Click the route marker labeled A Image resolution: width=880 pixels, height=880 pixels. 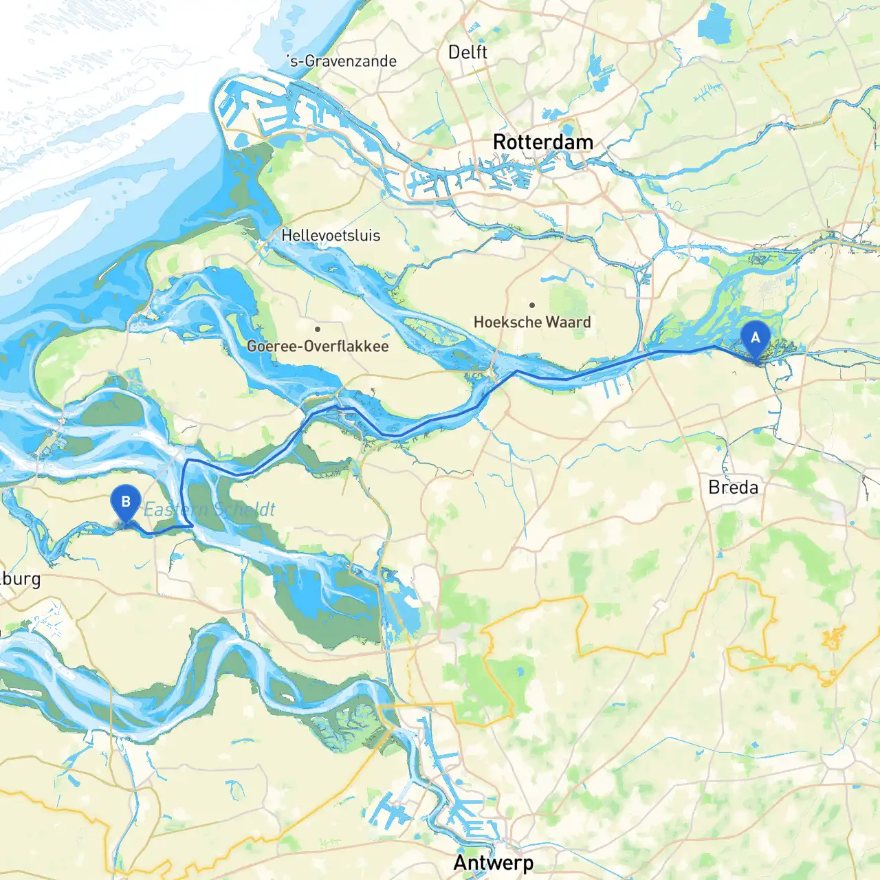point(755,338)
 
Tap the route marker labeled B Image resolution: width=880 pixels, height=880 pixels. point(125,502)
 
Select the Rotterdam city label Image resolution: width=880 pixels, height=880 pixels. point(542,142)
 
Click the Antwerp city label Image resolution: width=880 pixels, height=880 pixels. point(493,862)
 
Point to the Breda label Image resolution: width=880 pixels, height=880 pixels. point(733,487)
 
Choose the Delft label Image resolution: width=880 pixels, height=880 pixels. point(467,52)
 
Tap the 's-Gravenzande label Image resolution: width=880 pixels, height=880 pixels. point(342,61)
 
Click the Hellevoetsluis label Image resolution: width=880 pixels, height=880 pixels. point(331,235)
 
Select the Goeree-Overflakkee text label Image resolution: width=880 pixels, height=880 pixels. point(318,346)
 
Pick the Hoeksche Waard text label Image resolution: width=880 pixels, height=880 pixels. point(532,322)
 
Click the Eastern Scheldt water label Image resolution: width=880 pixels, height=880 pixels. point(209,509)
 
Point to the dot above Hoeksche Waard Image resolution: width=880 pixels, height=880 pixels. point(532,305)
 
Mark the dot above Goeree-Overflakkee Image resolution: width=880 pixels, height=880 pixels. point(318,329)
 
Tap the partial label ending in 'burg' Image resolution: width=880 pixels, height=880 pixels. point(20,579)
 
